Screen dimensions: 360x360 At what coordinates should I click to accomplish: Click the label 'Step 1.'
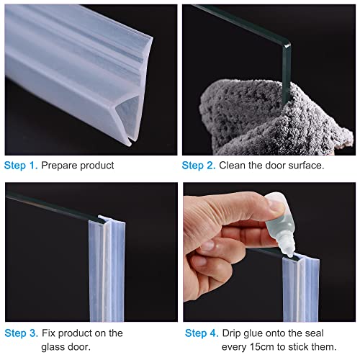[x=21, y=166]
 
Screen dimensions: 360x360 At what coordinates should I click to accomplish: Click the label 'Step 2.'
[x=199, y=166]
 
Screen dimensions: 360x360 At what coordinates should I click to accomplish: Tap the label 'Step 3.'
[x=21, y=333]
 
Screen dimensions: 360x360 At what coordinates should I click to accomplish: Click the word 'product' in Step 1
[x=97, y=166]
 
